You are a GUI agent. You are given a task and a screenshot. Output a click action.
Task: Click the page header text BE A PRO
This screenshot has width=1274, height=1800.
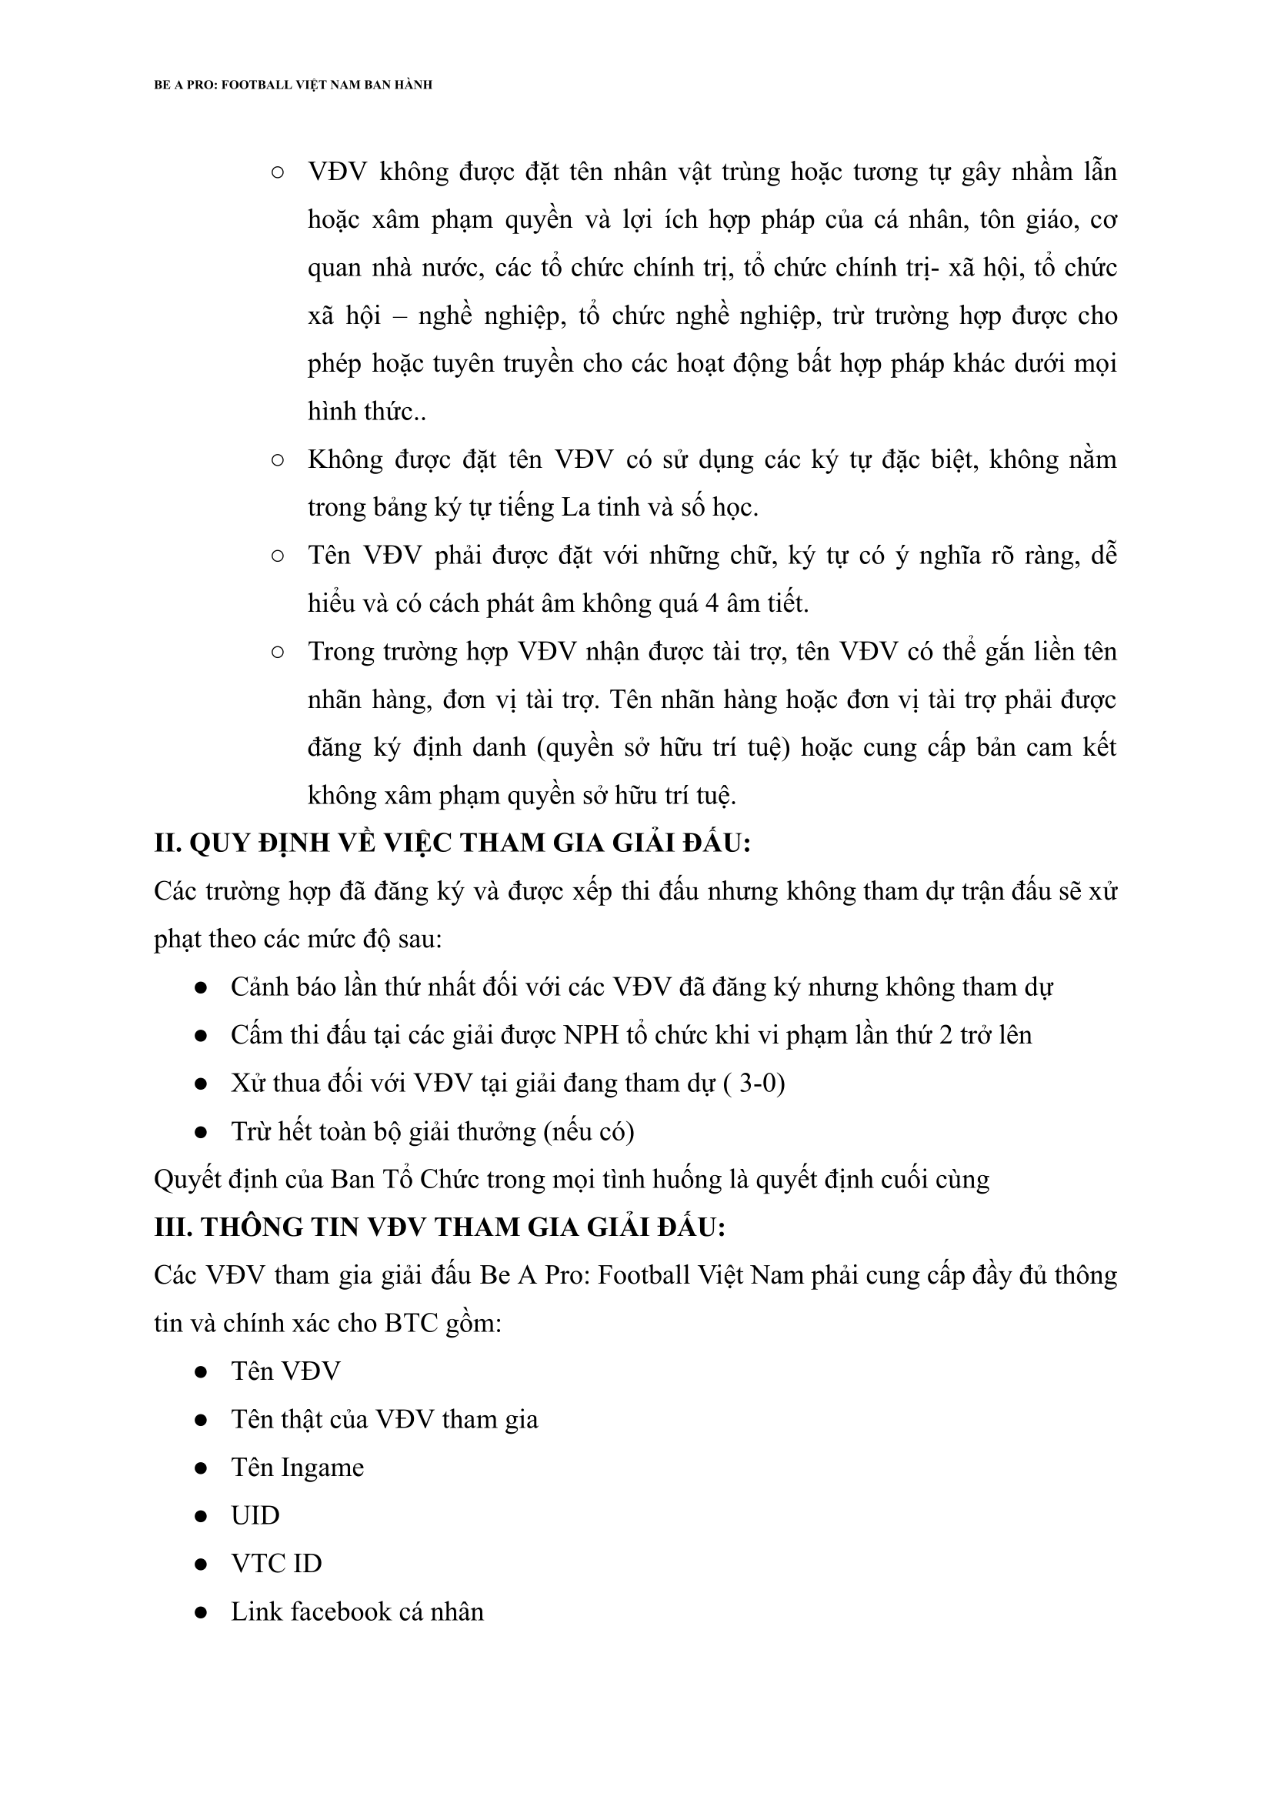[x=292, y=85]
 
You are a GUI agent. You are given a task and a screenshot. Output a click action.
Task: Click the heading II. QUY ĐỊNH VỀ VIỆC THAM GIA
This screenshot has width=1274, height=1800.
[x=452, y=843]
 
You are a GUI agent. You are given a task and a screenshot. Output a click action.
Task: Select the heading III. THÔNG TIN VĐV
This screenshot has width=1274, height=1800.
[x=439, y=1227]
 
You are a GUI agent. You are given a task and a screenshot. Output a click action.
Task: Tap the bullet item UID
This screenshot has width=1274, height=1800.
[x=255, y=1515]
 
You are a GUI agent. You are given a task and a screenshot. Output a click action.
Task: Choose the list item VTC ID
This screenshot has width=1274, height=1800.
[x=276, y=1563]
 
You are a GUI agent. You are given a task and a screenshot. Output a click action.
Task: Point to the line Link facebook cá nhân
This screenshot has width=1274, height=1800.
[x=357, y=1611]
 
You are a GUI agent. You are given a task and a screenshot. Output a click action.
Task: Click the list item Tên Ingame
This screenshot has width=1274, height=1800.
[x=297, y=1468]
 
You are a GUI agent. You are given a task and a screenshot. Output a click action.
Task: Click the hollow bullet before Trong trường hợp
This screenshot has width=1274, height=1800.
[x=277, y=651]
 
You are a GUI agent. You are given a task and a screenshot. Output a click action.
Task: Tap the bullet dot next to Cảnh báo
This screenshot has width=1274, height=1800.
[x=201, y=988]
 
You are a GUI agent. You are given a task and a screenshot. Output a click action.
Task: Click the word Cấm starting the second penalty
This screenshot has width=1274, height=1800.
[x=255, y=1035]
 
